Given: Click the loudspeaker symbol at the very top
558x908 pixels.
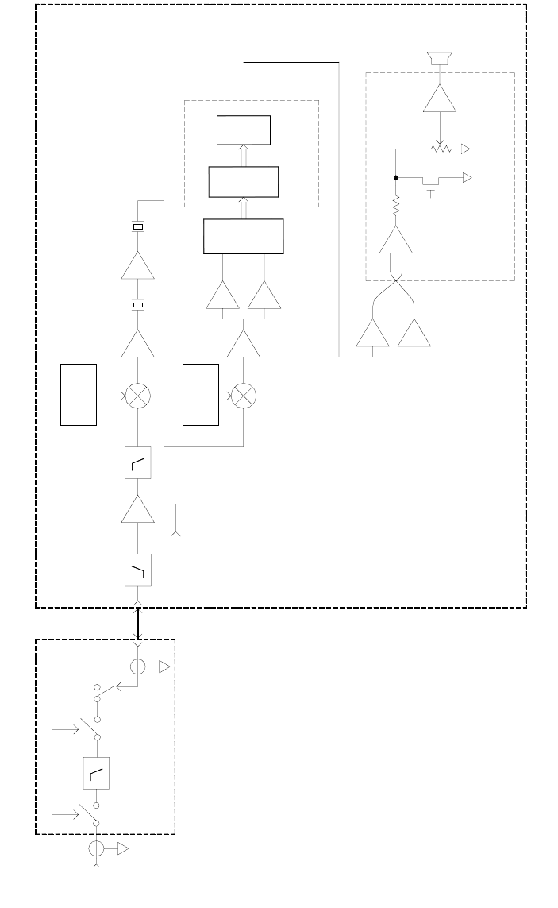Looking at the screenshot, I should click(439, 58).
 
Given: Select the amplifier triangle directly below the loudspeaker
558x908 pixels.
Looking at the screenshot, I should click(439, 99).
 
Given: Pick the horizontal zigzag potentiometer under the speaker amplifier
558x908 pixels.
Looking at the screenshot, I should click(439, 149).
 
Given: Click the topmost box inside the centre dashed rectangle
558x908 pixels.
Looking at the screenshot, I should click(244, 130).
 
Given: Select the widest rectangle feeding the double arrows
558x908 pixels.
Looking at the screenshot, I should click(243, 236).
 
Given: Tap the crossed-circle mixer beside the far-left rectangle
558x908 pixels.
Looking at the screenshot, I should click(138, 395).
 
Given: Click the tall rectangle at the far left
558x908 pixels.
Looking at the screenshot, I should click(79, 395).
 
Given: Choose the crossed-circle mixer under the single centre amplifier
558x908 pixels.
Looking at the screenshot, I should click(243, 395).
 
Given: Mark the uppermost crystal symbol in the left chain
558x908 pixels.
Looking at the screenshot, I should click(138, 226).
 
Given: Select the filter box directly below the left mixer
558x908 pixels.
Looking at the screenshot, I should click(138, 462).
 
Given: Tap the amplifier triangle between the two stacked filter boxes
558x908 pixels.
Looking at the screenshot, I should click(138, 508).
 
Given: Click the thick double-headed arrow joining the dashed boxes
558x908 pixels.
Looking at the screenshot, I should click(138, 624).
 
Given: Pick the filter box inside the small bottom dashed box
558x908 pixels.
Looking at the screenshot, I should click(97, 773).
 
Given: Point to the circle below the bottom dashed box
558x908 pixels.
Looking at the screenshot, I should click(97, 848).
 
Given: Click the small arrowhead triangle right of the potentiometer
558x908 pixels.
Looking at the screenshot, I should click(464, 149).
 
